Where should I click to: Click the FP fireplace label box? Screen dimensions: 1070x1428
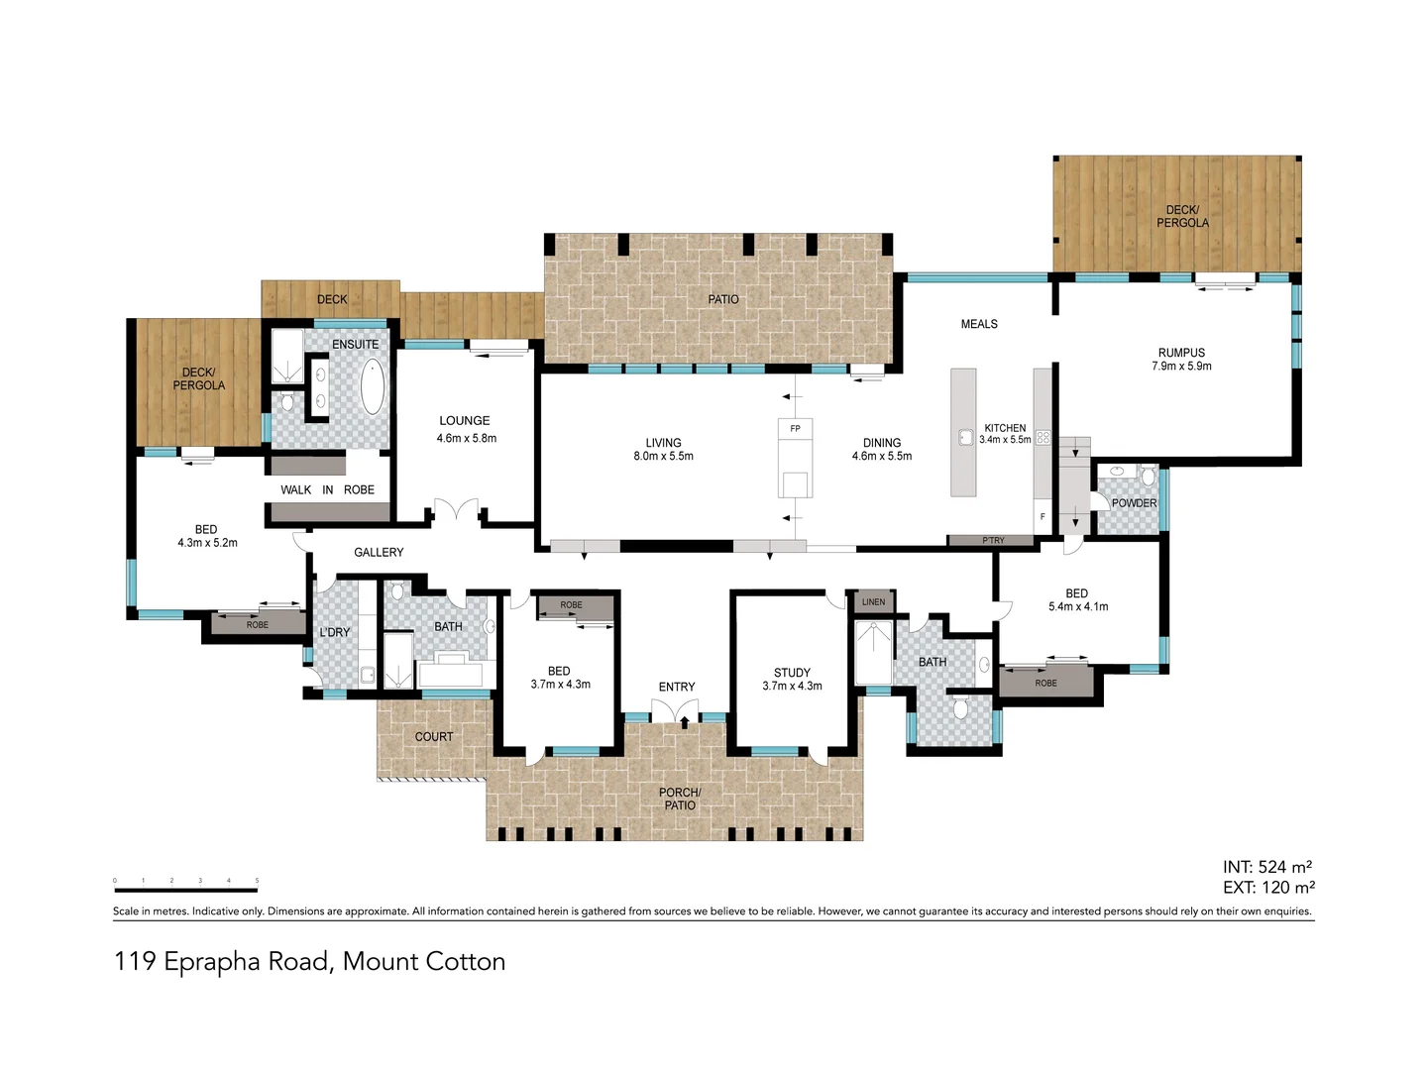click(x=795, y=429)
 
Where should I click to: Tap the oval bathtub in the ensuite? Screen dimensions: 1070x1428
click(x=372, y=387)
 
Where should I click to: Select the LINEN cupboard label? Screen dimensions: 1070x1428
click(x=873, y=601)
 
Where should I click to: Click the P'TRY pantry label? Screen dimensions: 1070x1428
click(x=992, y=541)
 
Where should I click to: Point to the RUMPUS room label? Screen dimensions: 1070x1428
click(x=1181, y=353)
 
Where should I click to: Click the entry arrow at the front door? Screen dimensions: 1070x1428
click(x=684, y=722)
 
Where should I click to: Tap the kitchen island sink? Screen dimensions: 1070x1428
click(x=965, y=437)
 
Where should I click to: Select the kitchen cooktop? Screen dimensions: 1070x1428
click(x=1043, y=437)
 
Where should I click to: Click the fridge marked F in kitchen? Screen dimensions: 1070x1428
click(x=1043, y=516)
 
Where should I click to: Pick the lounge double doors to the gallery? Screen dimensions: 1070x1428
click(x=457, y=511)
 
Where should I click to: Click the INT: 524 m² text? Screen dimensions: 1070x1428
click(x=1267, y=867)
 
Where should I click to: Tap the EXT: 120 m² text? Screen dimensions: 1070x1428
click(x=1268, y=888)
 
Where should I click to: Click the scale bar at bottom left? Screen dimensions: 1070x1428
click(x=186, y=890)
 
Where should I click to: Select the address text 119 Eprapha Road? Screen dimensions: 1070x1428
click(x=309, y=961)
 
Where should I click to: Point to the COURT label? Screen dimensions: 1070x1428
click(x=434, y=737)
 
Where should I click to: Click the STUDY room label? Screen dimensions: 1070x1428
click(x=792, y=673)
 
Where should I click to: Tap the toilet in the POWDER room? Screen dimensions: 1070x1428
click(x=1148, y=476)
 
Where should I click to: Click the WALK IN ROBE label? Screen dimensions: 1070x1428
click(x=327, y=489)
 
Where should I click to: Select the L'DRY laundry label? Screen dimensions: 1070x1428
click(x=334, y=632)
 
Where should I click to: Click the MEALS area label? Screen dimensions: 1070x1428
click(x=979, y=324)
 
